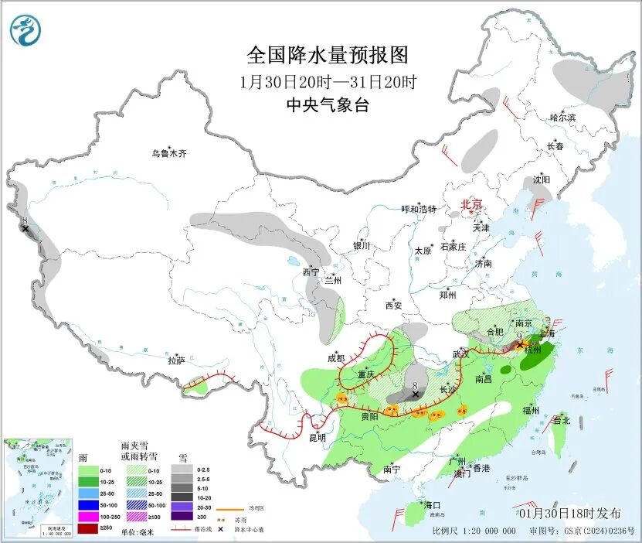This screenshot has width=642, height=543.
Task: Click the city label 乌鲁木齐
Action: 168,154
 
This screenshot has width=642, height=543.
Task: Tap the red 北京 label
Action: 471,205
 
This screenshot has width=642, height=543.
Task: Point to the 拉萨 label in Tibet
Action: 176,360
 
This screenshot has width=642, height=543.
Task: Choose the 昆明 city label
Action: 318,438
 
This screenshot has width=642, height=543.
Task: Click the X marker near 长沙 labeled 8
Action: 416,394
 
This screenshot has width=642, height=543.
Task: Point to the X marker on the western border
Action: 25,229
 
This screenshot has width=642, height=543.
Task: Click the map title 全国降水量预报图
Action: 327,56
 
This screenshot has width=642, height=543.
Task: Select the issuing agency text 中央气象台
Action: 327,106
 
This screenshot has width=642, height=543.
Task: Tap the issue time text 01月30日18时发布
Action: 569,514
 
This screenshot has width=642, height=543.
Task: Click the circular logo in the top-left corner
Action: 25,30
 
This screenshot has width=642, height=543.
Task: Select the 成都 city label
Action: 336,358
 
